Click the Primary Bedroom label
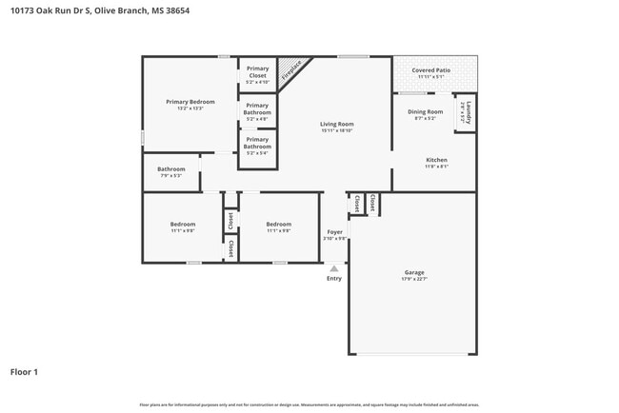pos(190,102)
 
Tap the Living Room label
pos(336,124)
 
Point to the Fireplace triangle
pos(298,69)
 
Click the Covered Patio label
pos(431,70)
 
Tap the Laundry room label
pos(469,113)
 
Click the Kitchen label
pos(436,160)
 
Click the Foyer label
pos(335,232)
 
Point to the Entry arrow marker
pos(334,269)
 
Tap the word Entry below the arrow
pos(334,279)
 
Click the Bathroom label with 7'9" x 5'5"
pos(170,170)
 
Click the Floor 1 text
pos(24,371)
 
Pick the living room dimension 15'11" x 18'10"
pos(336,130)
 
